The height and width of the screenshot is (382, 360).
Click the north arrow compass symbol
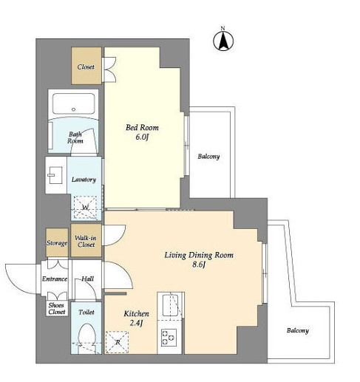[x=223, y=41]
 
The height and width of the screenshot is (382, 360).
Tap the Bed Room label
[x=142, y=128]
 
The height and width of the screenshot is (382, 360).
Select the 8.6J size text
[x=199, y=265]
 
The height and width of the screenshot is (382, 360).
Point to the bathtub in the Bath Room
[x=73, y=103]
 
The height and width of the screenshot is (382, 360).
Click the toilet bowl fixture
[x=86, y=338]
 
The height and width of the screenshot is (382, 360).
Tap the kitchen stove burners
[x=169, y=338]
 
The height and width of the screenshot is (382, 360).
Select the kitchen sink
[x=170, y=305]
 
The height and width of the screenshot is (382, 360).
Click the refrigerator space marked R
[x=118, y=342]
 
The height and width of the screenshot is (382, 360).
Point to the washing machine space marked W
[x=85, y=208]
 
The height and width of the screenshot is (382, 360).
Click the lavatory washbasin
[x=55, y=175]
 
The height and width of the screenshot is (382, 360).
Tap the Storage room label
[x=57, y=243]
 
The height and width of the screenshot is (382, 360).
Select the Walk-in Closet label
[x=86, y=242]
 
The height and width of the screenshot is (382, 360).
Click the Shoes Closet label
[x=57, y=308]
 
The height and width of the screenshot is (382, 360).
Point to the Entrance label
[x=55, y=279]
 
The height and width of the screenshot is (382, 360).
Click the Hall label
[x=87, y=279]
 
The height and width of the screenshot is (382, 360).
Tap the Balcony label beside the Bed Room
[x=208, y=157]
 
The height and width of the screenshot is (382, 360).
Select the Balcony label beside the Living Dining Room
[x=298, y=330]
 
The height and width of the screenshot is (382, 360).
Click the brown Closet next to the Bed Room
[x=86, y=66]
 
